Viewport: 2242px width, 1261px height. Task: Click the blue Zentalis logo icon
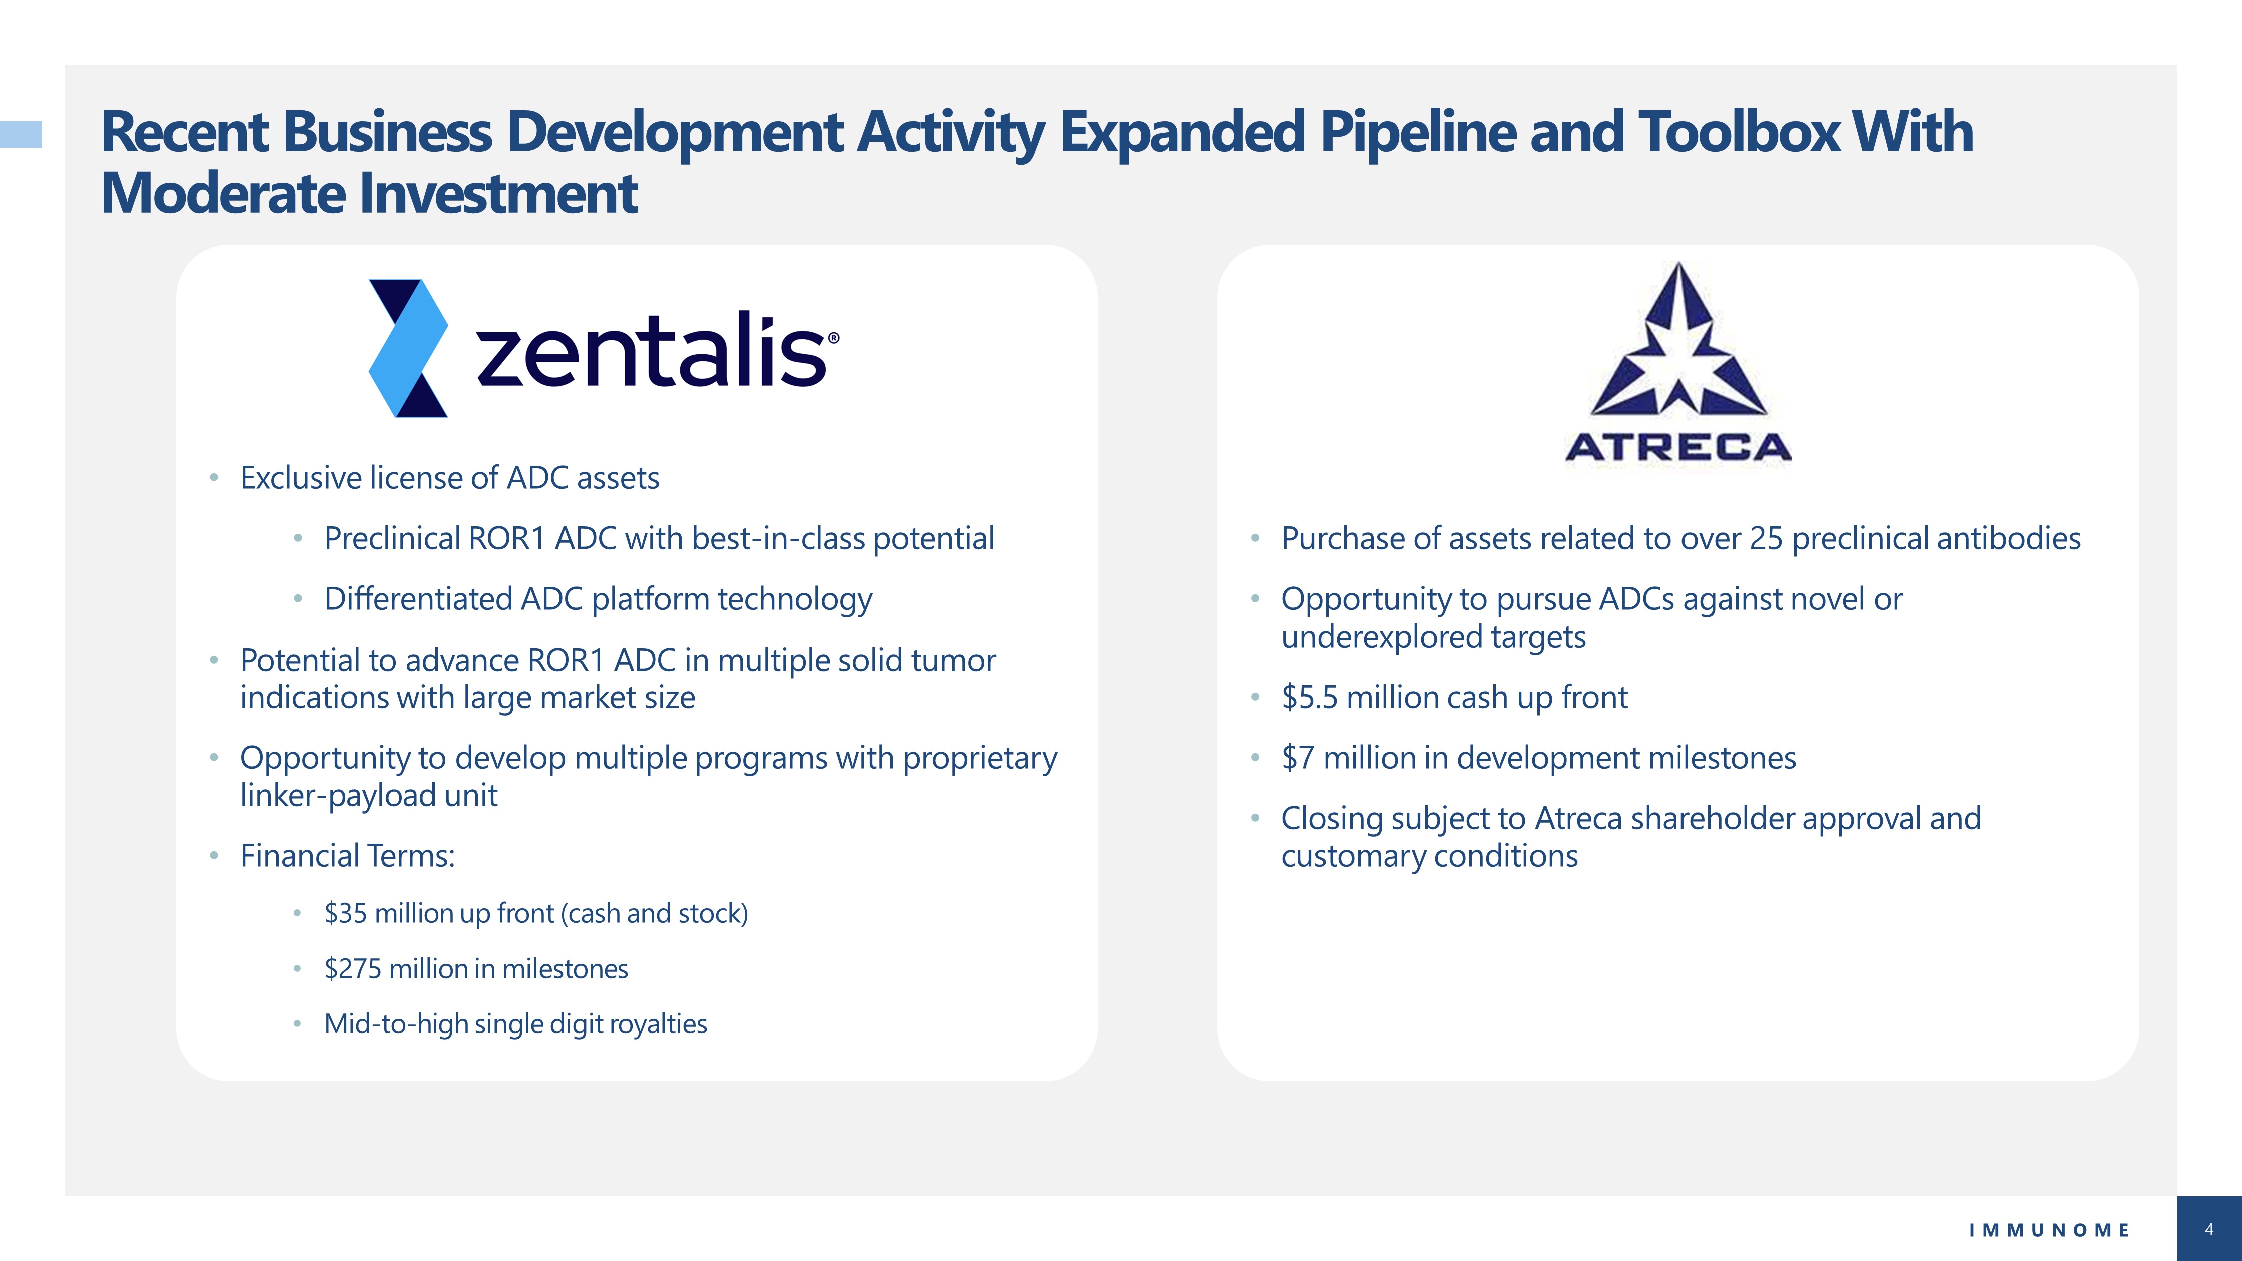click(x=408, y=348)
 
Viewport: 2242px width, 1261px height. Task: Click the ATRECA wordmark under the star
click(x=1678, y=447)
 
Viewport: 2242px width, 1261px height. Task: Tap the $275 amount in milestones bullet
click(x=352, y=969)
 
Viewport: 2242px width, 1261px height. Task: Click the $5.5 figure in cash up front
click(x=1309, y=697)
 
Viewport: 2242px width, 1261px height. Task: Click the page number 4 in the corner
click(x=2209, y=1229)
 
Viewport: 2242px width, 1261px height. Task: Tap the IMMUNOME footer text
click(x=2050, y=1230)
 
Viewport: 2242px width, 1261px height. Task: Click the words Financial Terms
click(x=347, y=856)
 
